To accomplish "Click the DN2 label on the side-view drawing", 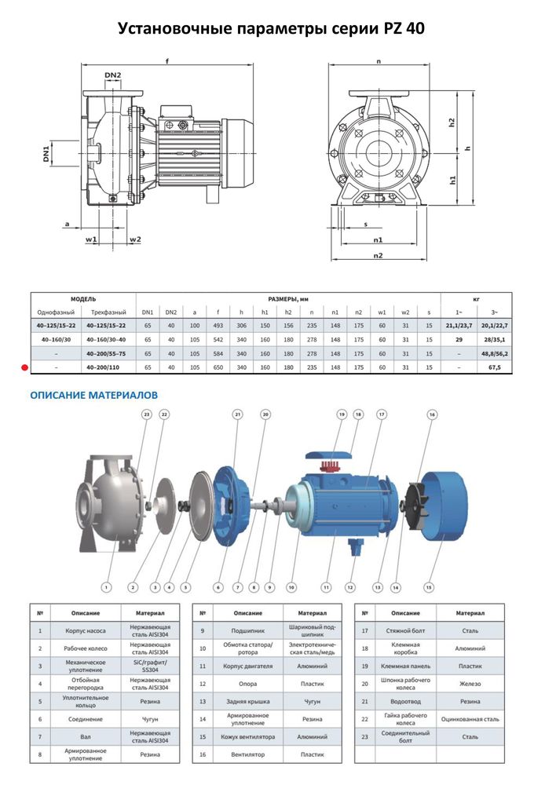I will [113, 76].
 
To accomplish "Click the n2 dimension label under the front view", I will [378, 256].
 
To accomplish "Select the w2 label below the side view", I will [135, 239].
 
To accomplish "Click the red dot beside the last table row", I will [24, 367].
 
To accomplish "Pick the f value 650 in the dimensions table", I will [218, 367].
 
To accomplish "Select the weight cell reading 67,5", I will [495, 367].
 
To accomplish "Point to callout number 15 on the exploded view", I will [430, 585].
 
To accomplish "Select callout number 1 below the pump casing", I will [106, 586].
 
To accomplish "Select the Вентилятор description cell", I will [237, 755].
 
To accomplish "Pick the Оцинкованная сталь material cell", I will [471, 718].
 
